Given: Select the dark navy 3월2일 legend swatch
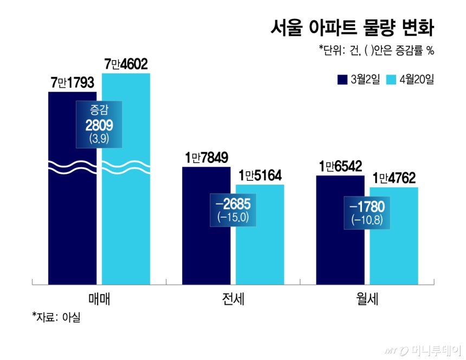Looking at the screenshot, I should point(342,80).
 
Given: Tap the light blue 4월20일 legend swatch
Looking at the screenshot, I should point(391,80).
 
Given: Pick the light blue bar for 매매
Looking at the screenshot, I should point(126,227).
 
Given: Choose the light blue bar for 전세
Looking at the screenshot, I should point(260,254).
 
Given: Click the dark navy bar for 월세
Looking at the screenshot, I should point(340,249).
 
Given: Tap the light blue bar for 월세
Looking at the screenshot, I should point(393,254).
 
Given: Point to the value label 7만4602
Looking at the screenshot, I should point(126,64).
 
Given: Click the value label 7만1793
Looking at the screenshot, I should point(72,83).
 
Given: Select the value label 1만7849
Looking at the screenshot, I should point(206,158).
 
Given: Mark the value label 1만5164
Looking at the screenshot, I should point(260,176).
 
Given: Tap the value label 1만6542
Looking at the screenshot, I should point(340,166).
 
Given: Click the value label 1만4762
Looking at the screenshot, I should point(393,178).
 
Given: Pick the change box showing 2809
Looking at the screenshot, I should point(99,124).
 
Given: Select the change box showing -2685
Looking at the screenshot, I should point(232,208).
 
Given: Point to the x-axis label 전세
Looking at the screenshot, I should point(232,299).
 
